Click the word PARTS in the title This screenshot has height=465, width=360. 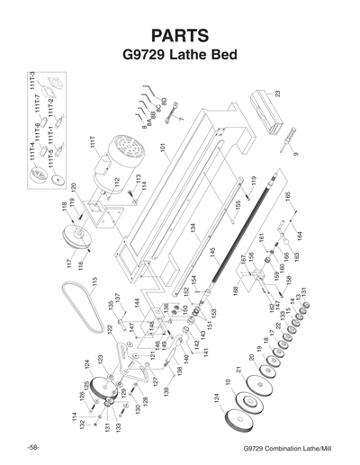point(180,35)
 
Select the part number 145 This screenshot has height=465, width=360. point(212,253)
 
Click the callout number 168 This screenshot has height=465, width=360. point(233,290)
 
